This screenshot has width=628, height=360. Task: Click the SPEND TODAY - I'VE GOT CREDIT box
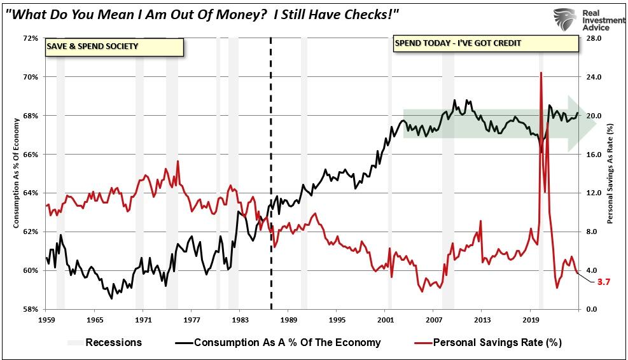485,43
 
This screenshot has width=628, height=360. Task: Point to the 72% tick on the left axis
30,38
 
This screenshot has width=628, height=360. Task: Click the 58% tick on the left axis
30,309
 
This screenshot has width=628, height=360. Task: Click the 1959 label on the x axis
46,319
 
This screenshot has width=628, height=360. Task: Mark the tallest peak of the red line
541,73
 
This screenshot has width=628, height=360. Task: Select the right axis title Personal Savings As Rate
610,173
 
